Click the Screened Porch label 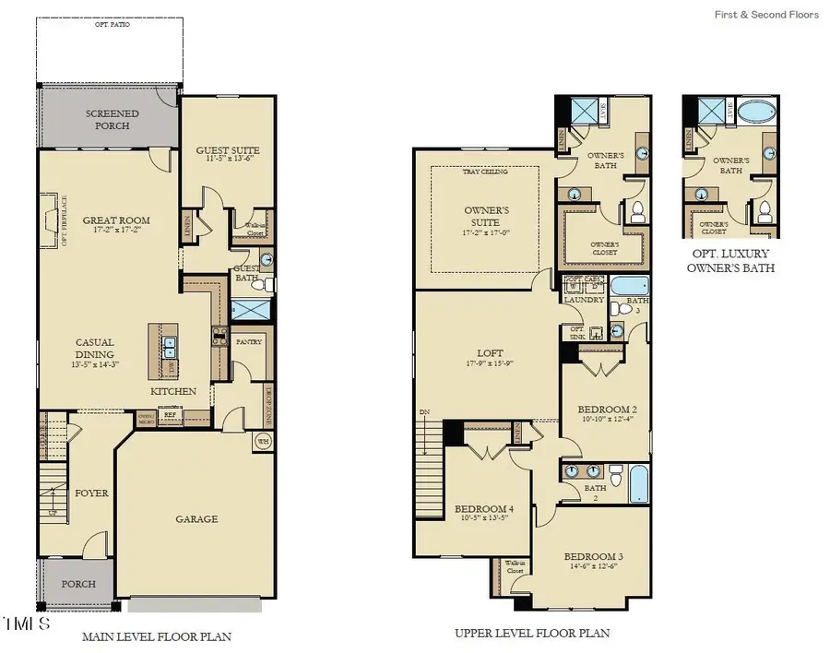click(x=113, y=120)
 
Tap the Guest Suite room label click(x=228, y=150)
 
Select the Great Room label click(x=116, y=221)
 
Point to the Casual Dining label click(x=95, y=348)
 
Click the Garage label click(x=197, y=519)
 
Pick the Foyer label click(x=92, y=493)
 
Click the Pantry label click(x=249, y=342)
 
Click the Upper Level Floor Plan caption click(x=531, y=634)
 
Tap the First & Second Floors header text click(x=765, y=15)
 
